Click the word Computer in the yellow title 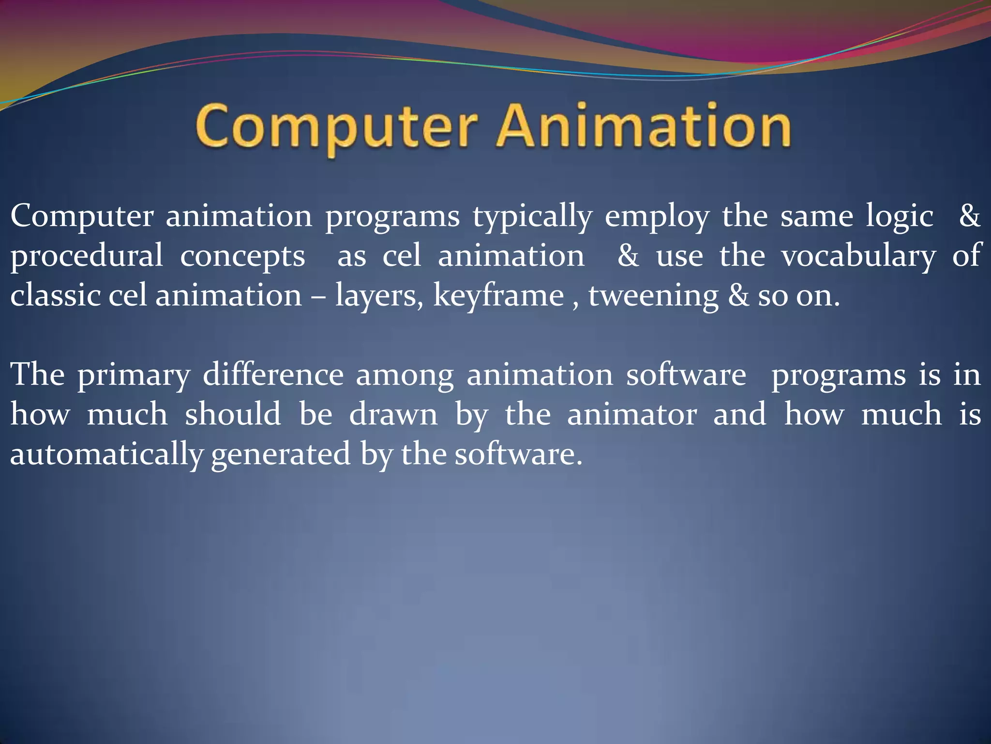(x=336, y=127)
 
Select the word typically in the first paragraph (x=532, y=217)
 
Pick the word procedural (x=87, y=256)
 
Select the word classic (x=55, y=295)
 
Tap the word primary (x=134, y=375)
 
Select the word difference (x=273, y=374)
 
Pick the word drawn (x=393, y=415)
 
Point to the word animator (x=632, y=415)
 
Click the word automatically (x=106, y=455)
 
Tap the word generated (x=281, y=455)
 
